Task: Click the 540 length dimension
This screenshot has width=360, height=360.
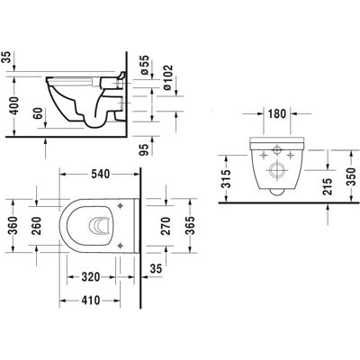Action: pyautogui.click(x=100, y=174)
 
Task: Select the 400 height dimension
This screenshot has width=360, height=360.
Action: pyautogui.click(x=13, y=105)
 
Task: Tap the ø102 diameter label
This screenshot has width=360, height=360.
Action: pyautogui.click(x=168, y=77)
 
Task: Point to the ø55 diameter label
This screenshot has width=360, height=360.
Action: pyautogui.click(x=144, y=65)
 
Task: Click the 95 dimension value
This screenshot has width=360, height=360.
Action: pyautogui.click(x=145, y=149)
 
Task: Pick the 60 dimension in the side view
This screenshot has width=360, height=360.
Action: pyautogui.click(x=38, y=113)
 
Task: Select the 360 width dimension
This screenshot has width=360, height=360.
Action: pyautogui.click(x=13, y=225)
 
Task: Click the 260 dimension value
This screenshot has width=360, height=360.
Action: pyautogui.click(x=37, y=226)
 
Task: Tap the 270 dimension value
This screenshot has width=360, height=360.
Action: pyautogui.click(x=166, y=226)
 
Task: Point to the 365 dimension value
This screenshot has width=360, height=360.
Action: pyautogui.click(x=190, y=226)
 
